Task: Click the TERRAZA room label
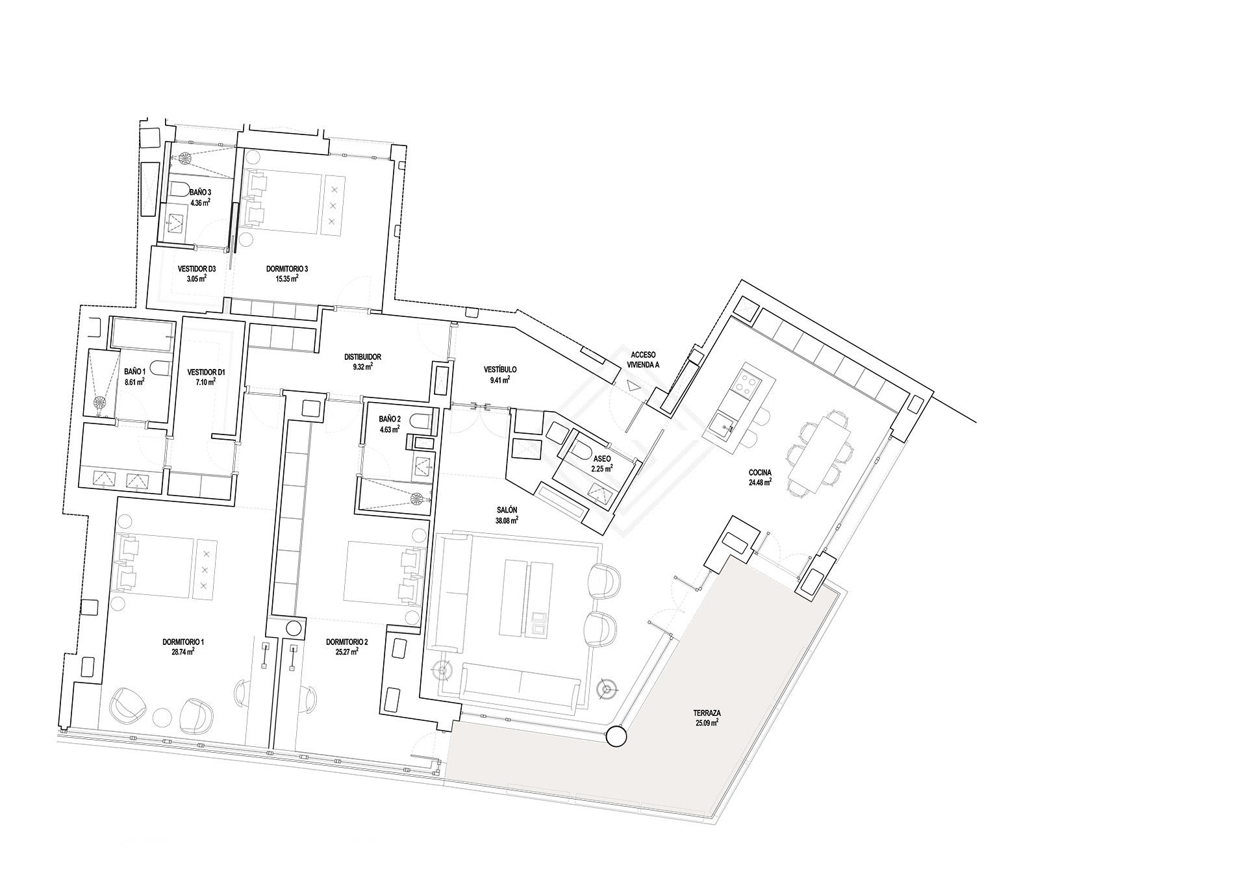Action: coord(706,712)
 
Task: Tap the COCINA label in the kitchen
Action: coord(759,473)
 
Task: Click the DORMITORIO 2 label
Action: coord(347,642)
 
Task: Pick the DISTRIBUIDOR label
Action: coord(362,357)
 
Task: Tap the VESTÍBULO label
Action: coord(500,370)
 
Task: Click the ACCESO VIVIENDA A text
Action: coord(643,360)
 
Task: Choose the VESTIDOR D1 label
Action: coord(206,372)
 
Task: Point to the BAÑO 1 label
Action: coord(134,372)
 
